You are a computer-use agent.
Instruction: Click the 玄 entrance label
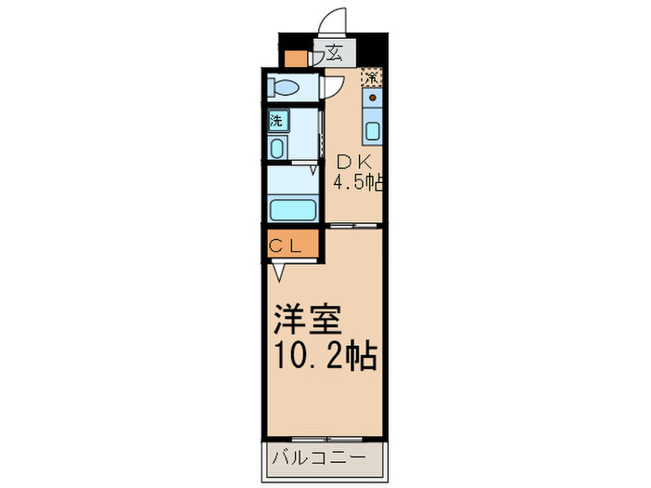coord(335,52)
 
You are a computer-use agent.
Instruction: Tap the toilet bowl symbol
coord(284,87)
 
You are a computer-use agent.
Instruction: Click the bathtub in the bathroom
coord(293,210)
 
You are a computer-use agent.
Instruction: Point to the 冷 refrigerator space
coord(372,76)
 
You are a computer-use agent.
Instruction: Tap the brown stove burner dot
coord(372,98)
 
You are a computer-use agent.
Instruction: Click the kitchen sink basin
coord(372,131)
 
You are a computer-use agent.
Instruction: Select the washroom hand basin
coord(276,148)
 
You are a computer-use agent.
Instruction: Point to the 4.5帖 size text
coord(357,182)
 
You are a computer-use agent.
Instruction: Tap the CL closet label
coord(285,246)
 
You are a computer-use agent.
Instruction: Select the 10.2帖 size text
coord(325,355)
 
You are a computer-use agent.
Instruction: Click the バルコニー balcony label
coord(319,458)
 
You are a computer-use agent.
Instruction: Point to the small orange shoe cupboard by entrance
coord(297,59)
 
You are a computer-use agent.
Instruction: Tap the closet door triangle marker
coord(279,273)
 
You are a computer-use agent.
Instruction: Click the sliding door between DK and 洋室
coord(353,225)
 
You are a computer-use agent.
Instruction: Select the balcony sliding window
coord(326,439)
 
